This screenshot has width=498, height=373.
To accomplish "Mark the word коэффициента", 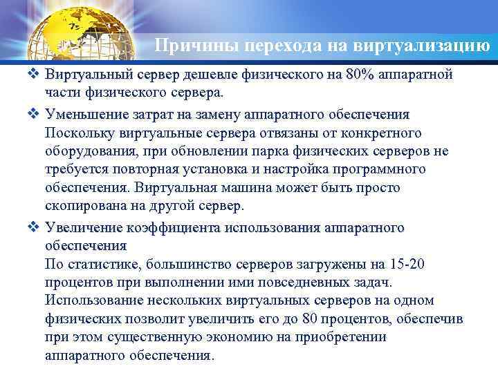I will point(166,228).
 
